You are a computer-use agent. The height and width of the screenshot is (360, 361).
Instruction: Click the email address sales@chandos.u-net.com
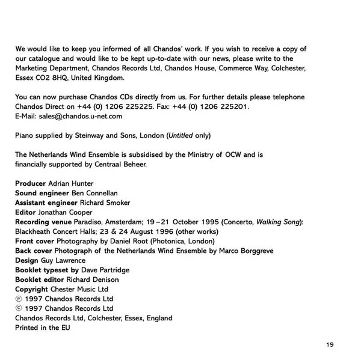82,115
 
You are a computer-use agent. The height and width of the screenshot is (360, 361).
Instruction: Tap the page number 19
329,344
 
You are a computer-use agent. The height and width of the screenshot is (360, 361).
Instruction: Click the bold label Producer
30,183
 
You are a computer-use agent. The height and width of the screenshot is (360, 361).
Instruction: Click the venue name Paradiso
90,222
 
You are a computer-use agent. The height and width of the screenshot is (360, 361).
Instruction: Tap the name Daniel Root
129,241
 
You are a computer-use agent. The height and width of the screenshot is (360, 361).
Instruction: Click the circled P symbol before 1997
19,299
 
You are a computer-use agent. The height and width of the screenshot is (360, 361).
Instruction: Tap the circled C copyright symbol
19,308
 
